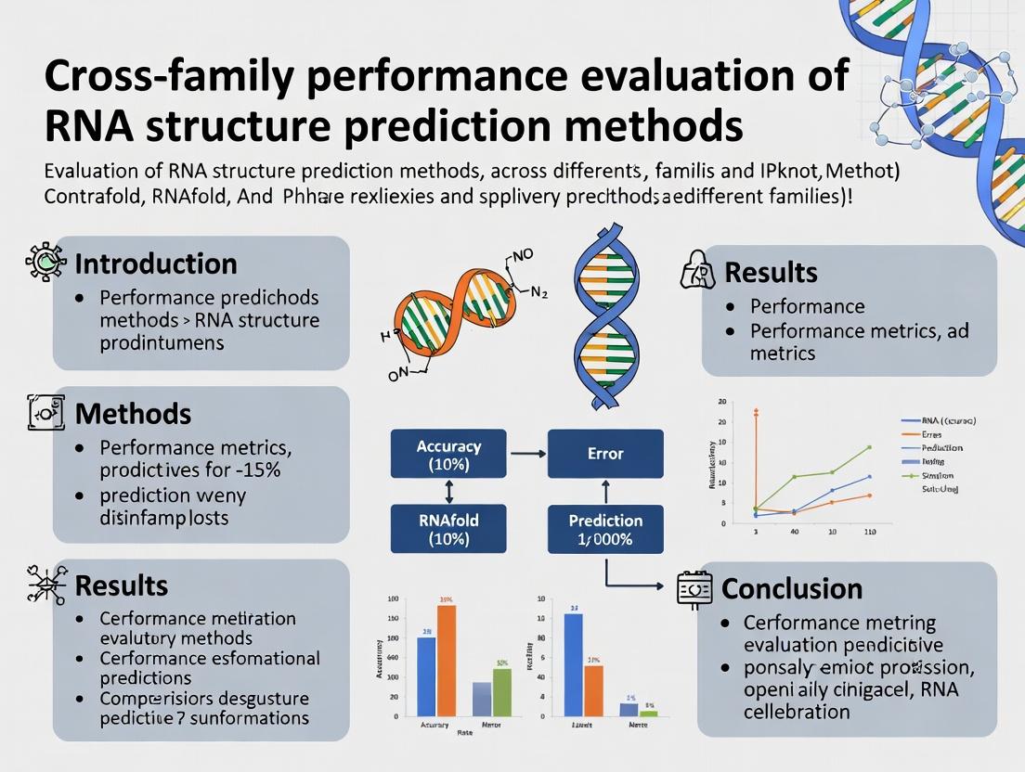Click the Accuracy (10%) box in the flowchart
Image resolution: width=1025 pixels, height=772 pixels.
coord(448,454)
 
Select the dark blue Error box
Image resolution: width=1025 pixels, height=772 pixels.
coord(605,454)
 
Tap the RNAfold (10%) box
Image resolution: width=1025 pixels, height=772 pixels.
coord(448,529)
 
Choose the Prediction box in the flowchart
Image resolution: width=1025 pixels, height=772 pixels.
coord(605,529)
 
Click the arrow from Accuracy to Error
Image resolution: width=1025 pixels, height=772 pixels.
coord(527,454)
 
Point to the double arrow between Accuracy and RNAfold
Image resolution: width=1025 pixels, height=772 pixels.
coord(448,491)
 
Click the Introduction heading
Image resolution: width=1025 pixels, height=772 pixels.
coord(155,264)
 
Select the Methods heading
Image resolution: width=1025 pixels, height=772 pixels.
coord(133,413)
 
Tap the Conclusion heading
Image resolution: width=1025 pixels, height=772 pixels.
coord(792,588)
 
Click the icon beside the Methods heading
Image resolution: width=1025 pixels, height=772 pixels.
coord(40,411)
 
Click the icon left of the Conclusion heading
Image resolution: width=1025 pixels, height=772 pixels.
coord(694,588)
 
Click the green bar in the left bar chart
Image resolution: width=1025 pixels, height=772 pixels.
coord(501,692)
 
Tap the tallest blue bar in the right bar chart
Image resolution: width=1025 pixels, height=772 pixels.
coord(573,664)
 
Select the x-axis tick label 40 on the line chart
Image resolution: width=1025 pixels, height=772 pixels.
coord(794,533)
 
